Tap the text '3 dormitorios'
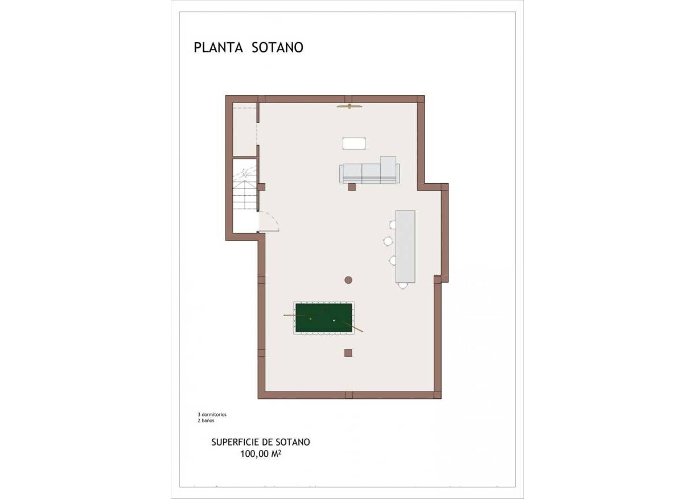pos(212,415)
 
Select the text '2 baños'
pos(206,421)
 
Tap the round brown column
pos(348,279)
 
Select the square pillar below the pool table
pos(348,353)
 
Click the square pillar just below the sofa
pos(352,187)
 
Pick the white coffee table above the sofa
pos(353,143)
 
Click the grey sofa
pos(369,173)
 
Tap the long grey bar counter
pos(405,246)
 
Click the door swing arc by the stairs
pos(271,221)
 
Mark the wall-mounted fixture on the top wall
pos(349,106)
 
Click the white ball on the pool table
pos(334,321)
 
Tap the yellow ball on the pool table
pos(310,319)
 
